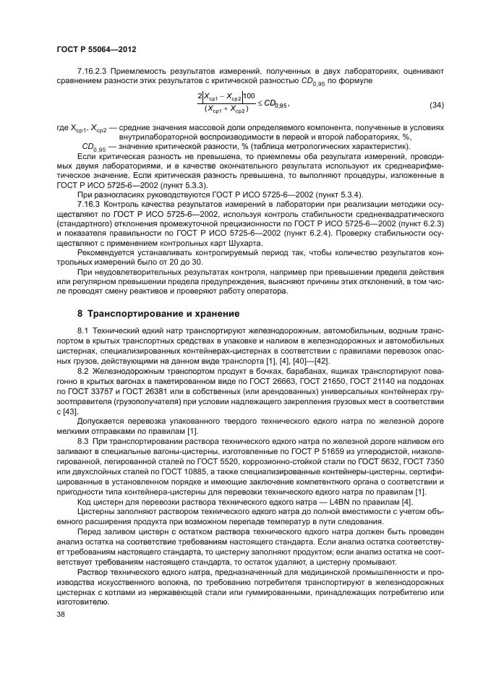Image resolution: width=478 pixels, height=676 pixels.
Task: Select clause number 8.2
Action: (82, 372)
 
